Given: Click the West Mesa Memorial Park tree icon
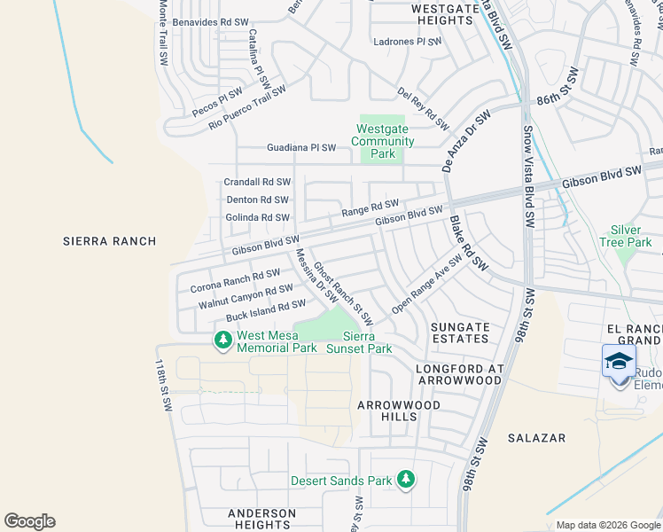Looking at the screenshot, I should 222,339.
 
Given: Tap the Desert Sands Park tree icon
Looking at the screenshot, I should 406,480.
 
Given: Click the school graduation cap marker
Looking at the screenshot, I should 619,362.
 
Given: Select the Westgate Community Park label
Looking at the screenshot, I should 383,141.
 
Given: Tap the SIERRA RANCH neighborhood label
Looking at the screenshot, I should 110,241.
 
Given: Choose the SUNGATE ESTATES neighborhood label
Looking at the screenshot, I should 460,332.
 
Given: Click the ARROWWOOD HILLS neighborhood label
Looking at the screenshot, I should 399,411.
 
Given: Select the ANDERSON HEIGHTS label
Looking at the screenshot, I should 261,519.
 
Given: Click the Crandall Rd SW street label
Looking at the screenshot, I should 257,183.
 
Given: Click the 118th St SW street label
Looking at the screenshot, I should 164,385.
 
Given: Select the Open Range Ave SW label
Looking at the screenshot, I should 427,285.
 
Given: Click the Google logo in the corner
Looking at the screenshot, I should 29,521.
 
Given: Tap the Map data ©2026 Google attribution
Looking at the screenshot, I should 608,525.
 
